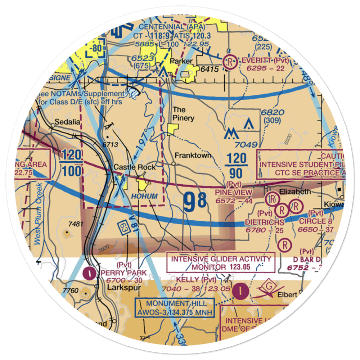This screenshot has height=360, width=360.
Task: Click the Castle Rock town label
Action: pos(135,167)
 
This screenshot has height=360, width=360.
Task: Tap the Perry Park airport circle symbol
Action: pos(89,273)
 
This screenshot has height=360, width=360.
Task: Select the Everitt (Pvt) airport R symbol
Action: pos(229,62)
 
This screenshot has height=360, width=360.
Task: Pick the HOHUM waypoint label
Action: pos(144,196)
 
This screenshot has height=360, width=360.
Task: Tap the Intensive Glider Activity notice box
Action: pos(221,263)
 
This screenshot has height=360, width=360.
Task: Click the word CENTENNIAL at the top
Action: pos(162,27)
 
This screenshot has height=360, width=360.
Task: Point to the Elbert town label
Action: pos(287,294)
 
